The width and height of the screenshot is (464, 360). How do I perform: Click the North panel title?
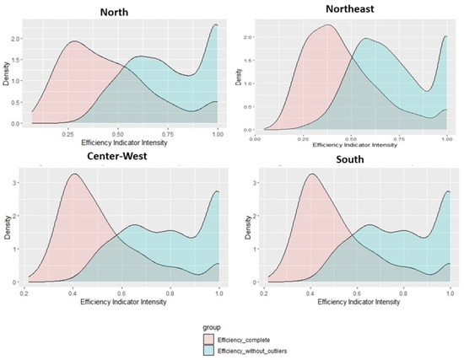pyautogui.click(x=119, y=12)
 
